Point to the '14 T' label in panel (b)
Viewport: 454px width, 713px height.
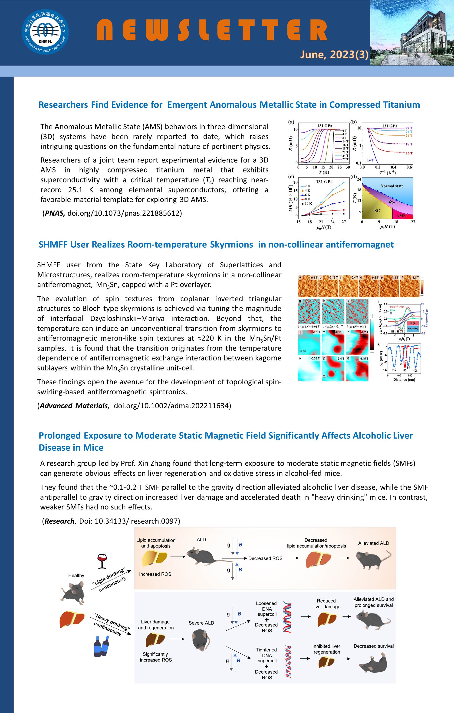[370, 160]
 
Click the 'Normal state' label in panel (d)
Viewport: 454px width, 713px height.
[392, 186]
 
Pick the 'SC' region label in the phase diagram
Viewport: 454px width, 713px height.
[377, 211]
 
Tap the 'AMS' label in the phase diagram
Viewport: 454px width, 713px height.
[401, 216]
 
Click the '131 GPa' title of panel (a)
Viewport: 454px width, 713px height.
[325, 126]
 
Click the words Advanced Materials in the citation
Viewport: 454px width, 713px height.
[73, 406]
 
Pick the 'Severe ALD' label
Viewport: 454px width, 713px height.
[201, 623]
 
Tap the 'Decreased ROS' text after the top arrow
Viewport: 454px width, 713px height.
[265, 558]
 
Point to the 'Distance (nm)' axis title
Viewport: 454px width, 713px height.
[404, 380]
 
